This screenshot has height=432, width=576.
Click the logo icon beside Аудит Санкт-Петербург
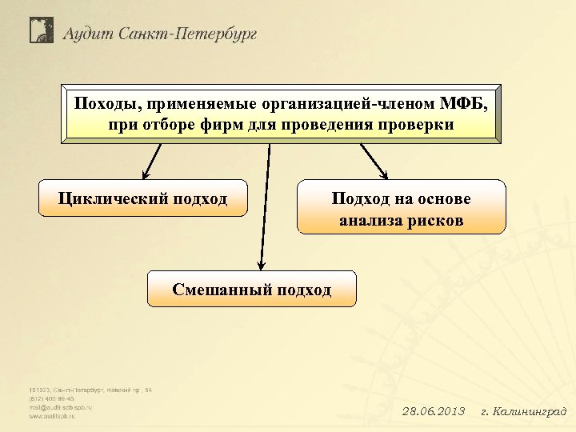coord(41,30)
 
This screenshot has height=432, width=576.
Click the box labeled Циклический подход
coord(142,198)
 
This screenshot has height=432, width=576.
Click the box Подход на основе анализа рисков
coord(401,207)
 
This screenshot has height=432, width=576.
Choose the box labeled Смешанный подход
coord(251,289)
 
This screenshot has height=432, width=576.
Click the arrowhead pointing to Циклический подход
coord(145,174)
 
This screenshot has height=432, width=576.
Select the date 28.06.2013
coord(433,412)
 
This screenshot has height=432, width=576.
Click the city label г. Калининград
coord(523,412)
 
